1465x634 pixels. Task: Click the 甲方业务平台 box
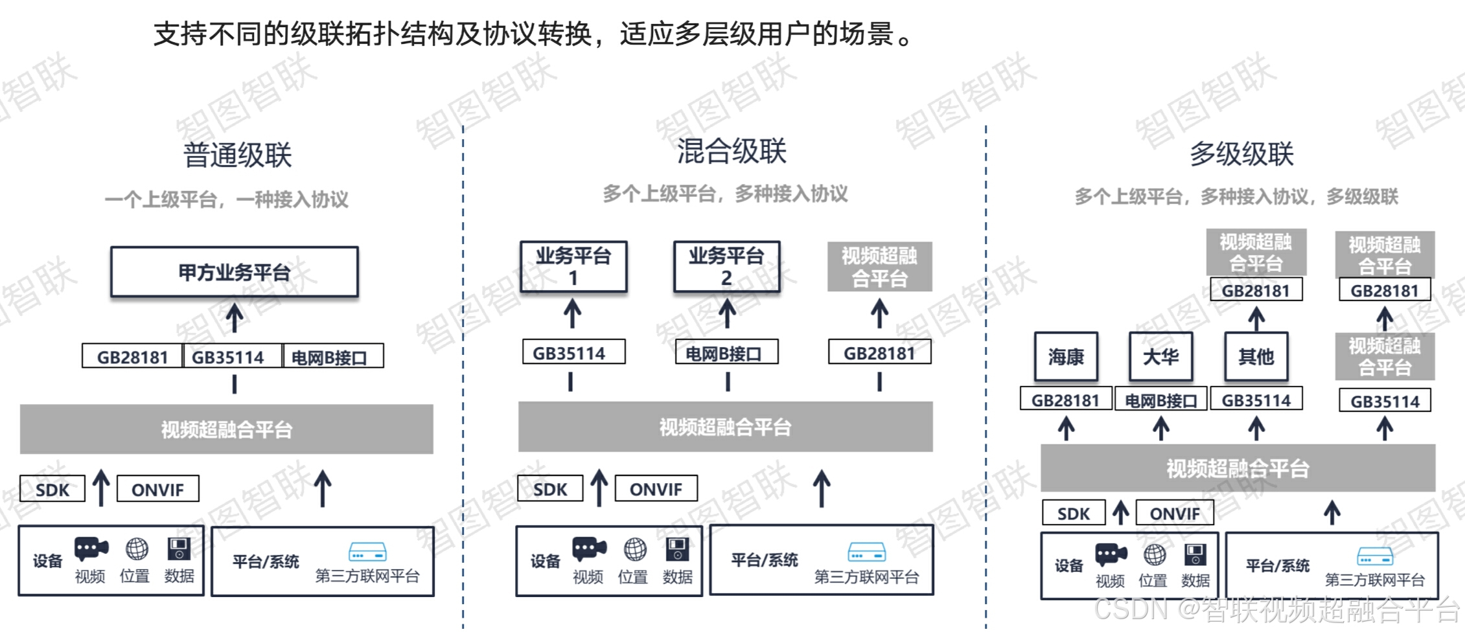pyautogui.click(x=234, y=272)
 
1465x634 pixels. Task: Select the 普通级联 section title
pyautogui.click(x=237, y=155)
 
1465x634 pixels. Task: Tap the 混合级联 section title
pyautogui.click(x=732, y=152)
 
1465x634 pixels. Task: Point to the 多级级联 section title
pyautogui.click(x=1241, y=154)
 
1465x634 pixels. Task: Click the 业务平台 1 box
pyautogui.click(x=573, y=266)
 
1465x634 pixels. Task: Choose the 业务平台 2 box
pyautogui.click(x=726, y=266)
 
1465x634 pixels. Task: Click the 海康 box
pyautogui.click(x=1066, y=356)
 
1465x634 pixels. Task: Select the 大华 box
pyautogui.click(x=1160, y=356)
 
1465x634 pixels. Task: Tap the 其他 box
pyautogui.click(x=1256, y=356)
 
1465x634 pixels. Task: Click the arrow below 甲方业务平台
pyautogui.click(x=235, y=317)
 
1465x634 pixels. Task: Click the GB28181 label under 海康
pyautogui.click(x=1065, y=400)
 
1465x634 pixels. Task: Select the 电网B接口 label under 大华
pyautogui.click(x=1160, y=400)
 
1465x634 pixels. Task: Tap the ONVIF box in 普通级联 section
pyautogui.click(x=157, y=490)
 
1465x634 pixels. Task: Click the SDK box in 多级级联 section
pyautogui.click(x=1073, y=514)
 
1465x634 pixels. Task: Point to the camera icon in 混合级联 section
pyautogui.click(x=588, y=549)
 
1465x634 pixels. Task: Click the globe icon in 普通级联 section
pyautogui.click(x=136, y=549)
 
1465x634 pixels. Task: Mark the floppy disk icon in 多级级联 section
pyautogui.click(x=1195, y=555)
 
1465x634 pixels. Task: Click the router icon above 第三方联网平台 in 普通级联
pyautogui.click(x=367, y=552)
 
